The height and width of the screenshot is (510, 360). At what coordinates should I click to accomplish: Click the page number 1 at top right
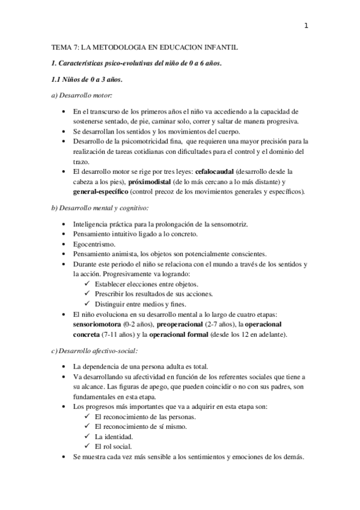click(306, 25)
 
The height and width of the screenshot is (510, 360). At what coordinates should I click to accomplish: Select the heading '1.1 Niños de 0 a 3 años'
click(88, 79)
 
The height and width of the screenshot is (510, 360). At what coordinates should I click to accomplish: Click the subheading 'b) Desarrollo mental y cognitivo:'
click(100, 208)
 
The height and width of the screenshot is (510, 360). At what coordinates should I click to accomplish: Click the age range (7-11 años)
click(118, 334)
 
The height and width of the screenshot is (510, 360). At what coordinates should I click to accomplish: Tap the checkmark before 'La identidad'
click(88, 436)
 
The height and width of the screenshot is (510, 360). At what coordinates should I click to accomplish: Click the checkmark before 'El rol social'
click(88, 446)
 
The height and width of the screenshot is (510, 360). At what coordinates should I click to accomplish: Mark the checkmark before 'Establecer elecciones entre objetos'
click(88, 283)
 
